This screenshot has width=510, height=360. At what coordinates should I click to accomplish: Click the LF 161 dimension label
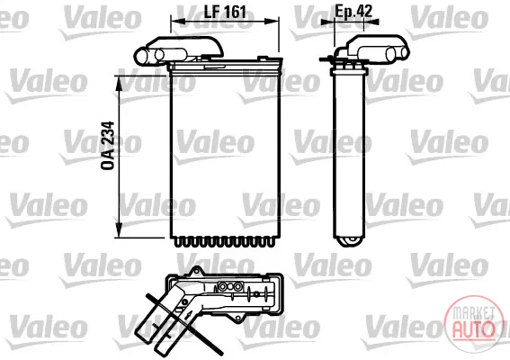coord(225,12)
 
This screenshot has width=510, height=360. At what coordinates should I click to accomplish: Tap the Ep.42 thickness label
coord(353,11)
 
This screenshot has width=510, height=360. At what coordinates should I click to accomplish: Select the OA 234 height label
coord(108,146)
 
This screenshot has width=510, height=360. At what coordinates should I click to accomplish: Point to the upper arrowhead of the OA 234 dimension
coord(120,84)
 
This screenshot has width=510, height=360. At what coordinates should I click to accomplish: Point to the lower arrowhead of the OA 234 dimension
coord(120,229)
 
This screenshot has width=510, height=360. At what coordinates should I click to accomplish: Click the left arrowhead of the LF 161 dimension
coord(178,22)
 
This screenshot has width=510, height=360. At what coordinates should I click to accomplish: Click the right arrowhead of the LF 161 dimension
coord(272,22)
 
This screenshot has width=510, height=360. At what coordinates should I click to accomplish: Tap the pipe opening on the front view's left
coord(141,56)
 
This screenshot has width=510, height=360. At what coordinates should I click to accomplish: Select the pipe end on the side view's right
coord(404,52)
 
